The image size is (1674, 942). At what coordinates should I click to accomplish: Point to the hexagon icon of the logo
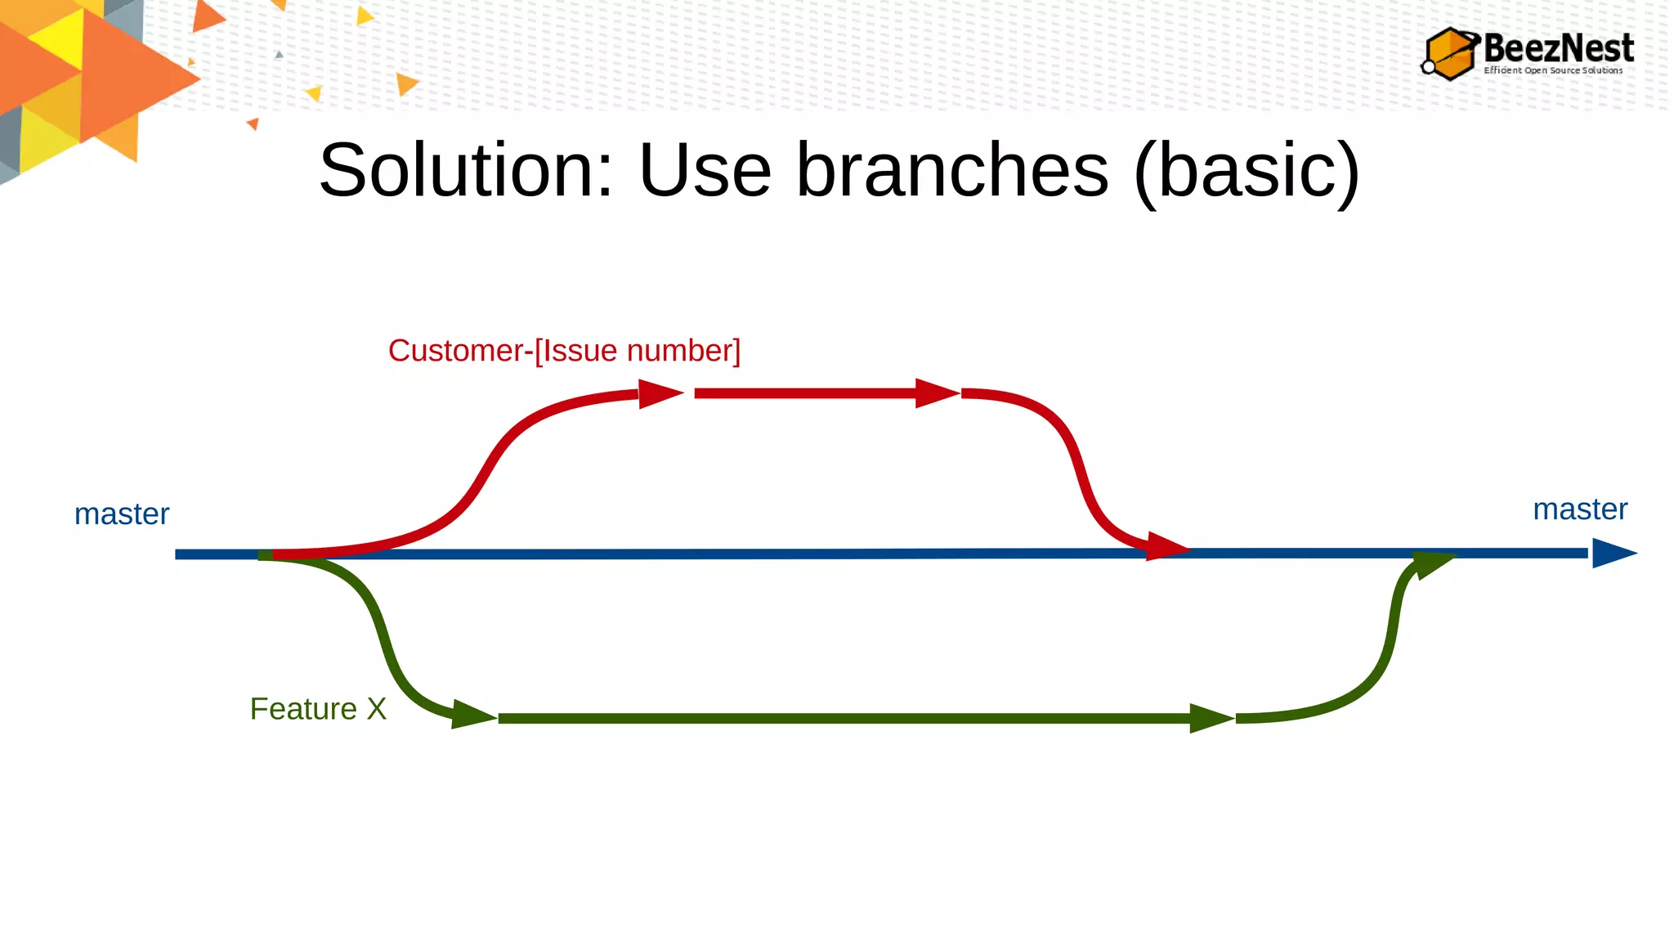(x=1451, y=54)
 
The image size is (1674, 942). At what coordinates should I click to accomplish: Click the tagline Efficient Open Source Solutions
(x=1553, y=70)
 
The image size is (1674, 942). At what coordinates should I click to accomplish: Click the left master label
(x=122, y=514)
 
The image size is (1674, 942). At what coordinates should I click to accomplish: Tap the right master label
(x=1579, y=509)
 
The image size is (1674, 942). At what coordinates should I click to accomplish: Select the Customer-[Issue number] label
(x=564, y=351)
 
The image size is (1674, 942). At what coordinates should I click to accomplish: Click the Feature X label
(x=318, y=709)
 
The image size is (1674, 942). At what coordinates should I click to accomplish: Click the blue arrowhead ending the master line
(x=1612, y=554)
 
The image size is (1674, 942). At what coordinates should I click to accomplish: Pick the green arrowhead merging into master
(x=1432, y=564)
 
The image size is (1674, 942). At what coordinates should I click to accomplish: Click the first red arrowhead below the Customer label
(x=659, y=394)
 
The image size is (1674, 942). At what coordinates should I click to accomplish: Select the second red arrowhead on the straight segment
(x=936, y=393)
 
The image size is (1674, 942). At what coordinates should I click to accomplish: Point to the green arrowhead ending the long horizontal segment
(x=1210, y=719)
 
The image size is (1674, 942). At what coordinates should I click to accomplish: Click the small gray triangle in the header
(x=280, y=55)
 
